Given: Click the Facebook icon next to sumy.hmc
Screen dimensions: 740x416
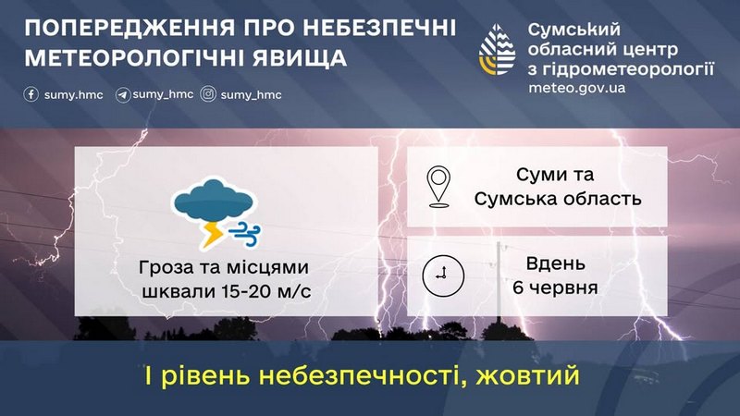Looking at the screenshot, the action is coord(31,94).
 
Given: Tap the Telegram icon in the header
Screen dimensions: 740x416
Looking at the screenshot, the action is coord(123,95).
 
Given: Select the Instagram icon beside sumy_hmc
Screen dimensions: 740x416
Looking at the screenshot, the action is coord(208,94).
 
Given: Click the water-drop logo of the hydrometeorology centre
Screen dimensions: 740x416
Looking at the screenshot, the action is coord(497,50).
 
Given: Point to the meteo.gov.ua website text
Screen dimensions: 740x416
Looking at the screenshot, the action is coord(576,88).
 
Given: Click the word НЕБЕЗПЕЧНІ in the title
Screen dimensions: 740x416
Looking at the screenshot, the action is coord(379,28).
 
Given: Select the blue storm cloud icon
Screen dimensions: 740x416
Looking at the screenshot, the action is coord(214,201).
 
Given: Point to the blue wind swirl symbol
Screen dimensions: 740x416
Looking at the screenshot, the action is coord(244,234).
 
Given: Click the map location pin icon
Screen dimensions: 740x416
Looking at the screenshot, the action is coord(438,187).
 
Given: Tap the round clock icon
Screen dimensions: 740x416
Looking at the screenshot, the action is coord(443,275).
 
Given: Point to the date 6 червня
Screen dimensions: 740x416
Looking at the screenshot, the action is coord(555,288).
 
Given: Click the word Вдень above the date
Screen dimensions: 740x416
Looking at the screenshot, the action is coord(556,263).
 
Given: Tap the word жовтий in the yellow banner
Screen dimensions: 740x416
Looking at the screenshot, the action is coord(527,376).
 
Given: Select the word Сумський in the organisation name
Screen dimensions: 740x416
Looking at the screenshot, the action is coord(574,30).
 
